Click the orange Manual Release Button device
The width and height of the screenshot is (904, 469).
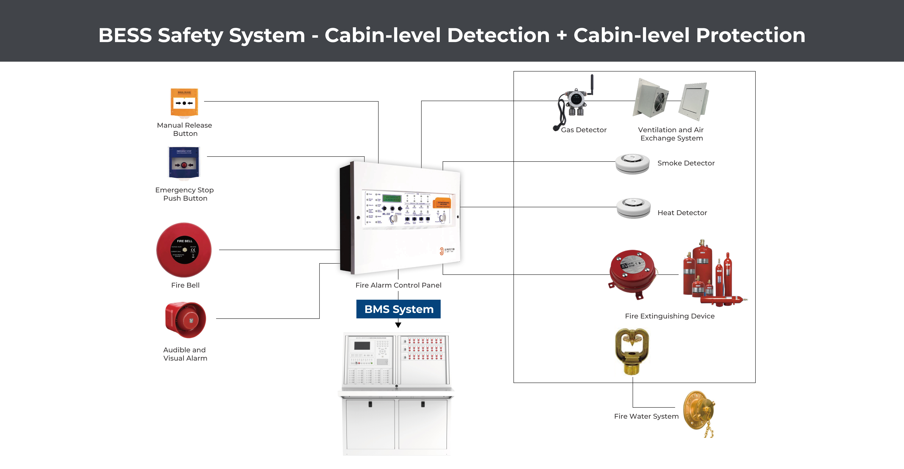[184, 102]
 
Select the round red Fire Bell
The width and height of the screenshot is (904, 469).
[184, 250]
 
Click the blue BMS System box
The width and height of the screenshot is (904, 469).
[398, 309]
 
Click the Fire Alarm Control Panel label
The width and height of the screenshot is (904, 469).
[398, 285]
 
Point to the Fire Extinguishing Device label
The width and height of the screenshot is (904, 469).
[670, 316]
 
